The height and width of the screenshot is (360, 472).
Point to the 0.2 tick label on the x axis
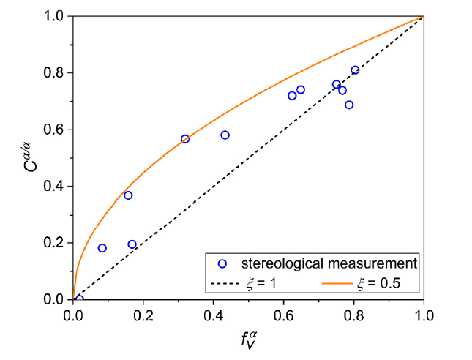coord(143,316)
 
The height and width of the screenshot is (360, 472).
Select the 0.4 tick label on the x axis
coord(214,316)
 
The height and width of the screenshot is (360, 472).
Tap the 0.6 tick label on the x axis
coord(284,316)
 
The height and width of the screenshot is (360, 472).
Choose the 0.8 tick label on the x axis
coord(354,316)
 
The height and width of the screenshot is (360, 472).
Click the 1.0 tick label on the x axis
coord(424,316)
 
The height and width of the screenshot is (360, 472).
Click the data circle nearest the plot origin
coord(80,299)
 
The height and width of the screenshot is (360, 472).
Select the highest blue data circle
coord(355,70)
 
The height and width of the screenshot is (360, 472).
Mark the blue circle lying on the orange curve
coord(185,138)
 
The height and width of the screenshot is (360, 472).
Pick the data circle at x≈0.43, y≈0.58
coord(225,135)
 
